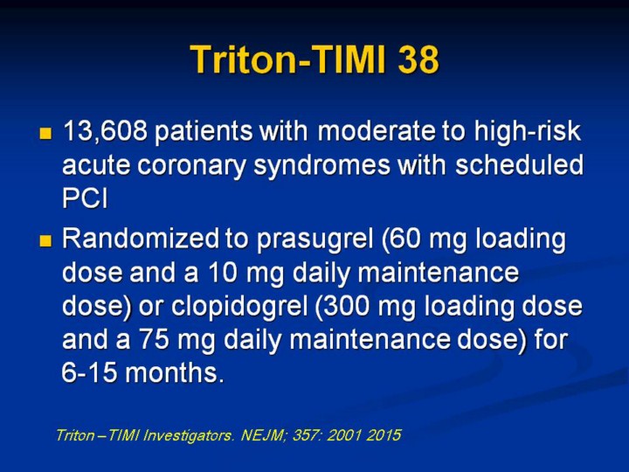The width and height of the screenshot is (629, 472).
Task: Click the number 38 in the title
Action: click(418, 59)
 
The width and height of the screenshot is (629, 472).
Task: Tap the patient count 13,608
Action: click(106, 131)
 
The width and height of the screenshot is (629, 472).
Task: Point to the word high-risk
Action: click(528, 132)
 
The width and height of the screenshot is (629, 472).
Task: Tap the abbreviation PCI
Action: click(85, 198)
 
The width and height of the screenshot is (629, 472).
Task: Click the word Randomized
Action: click(141, 239)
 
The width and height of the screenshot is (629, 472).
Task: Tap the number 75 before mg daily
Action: click(154, 339)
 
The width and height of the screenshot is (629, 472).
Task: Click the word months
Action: click(174, 373)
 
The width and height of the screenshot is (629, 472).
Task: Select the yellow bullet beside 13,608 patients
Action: click(45, 133)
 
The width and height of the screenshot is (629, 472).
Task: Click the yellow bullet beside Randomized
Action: click(45, 241)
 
